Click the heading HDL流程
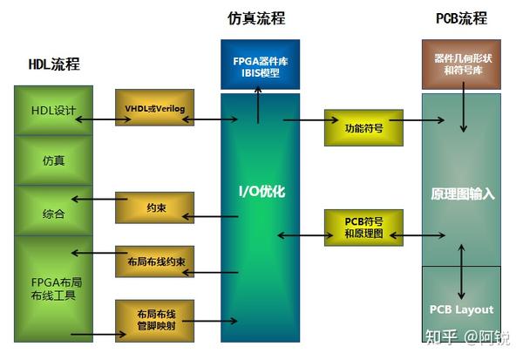point(54,64)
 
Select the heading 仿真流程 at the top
point(256,18)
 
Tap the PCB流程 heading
point(462,18)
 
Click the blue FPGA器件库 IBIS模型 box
point(260,65)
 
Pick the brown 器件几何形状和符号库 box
point(461,65)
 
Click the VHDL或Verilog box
point(155,107)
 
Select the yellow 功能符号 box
point(363,128)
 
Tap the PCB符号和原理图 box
point(363,228)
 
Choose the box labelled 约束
point(155,207)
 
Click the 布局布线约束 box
point(155,262)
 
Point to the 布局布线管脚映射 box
point(155,321)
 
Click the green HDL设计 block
point(53,111)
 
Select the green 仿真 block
point(53,160)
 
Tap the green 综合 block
point(53,211)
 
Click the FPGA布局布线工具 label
point(57,289)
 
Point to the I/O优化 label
point(261,191)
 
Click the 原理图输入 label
point(462,194)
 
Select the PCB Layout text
point(461,309)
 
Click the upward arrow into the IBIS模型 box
point(258,105)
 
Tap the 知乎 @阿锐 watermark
point(467,337)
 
